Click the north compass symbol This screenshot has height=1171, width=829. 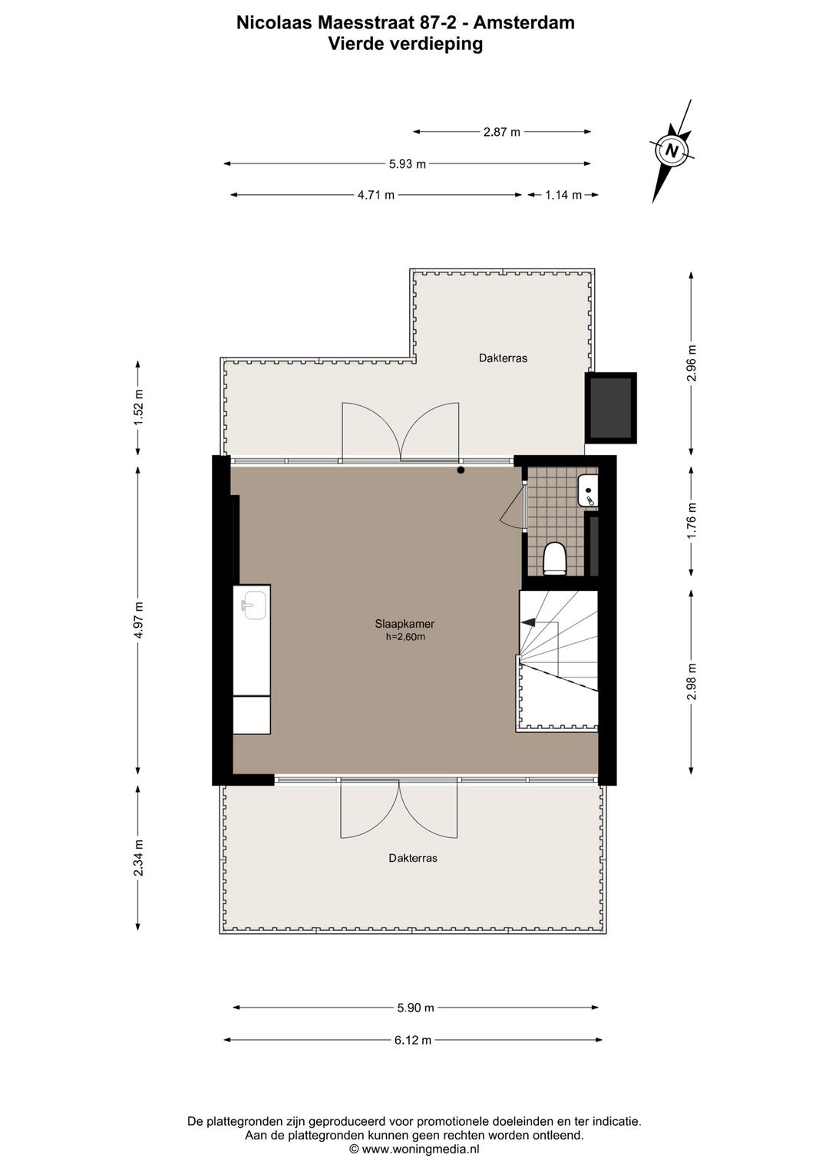[672, 150]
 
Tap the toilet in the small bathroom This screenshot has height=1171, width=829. [554, 558]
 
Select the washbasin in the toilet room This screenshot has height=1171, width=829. [588, 490]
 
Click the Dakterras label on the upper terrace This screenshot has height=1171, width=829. [503, 358]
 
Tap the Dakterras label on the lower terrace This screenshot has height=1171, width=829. [413, 858]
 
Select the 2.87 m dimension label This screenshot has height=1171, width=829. [501, 132]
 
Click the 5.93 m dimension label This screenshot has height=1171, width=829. [407, 163]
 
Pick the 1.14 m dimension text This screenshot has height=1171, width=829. [563, 195]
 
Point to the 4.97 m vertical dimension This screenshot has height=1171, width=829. [138, 620]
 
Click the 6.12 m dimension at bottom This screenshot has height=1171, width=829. [413, 1040]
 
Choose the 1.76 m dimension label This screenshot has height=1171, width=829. [692, 520]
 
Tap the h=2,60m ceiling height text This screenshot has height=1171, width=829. [405, 636]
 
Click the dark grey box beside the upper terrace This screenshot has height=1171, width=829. [611, 407]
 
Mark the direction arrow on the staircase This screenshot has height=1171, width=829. [528, 623]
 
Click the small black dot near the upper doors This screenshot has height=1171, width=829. [461, 470]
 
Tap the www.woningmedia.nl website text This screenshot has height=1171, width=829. [421, 1149]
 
